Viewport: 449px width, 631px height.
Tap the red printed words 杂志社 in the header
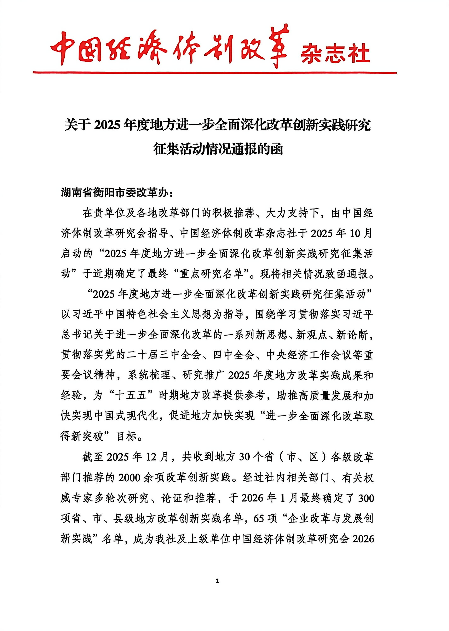coord(335,53)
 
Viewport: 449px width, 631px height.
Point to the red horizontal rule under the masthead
coord(214,73)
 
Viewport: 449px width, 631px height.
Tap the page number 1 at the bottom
coord(218,581)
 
